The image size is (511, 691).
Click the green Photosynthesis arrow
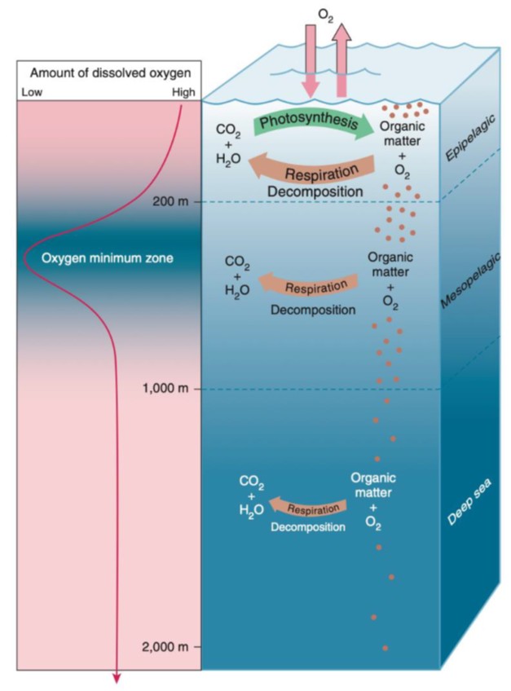point(313,122)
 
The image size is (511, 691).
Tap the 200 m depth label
point(170,202)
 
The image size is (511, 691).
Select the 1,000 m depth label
point(165,388)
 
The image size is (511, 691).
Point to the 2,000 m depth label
point(165,647)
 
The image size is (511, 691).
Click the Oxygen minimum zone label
point(107,257)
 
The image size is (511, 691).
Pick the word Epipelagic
point(470,138)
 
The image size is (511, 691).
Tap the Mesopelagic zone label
point(471,280)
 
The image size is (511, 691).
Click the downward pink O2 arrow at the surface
point(311,61)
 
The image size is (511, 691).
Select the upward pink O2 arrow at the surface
point(341,60)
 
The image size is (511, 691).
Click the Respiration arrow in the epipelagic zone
point(312,169)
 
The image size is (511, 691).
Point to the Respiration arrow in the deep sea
point(308,508)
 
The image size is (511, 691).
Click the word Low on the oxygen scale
point(32,92)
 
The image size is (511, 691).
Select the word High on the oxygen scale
point(183,92)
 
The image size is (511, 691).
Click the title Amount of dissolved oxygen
point(110,73)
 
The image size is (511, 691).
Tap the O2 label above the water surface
point(326,15)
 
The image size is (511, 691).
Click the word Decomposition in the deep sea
point(308,527)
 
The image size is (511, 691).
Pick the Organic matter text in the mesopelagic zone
point(390,264)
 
